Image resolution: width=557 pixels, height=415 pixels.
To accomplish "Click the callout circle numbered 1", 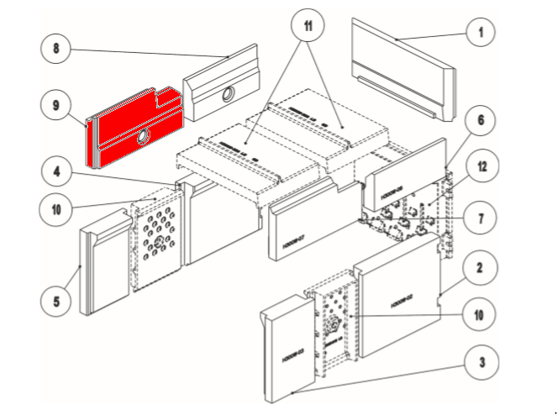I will pos(481,33).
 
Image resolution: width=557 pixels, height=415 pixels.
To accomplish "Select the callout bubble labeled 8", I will pos(56,48).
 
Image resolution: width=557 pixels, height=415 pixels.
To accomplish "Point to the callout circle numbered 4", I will pos(56,171).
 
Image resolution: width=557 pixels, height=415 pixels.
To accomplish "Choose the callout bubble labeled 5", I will pos(56,298).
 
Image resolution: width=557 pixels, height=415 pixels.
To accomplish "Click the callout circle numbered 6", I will pos(481,120).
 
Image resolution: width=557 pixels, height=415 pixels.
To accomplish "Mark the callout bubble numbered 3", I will pos(481,363).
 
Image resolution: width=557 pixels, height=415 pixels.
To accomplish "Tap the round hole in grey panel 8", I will pos(228,97).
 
